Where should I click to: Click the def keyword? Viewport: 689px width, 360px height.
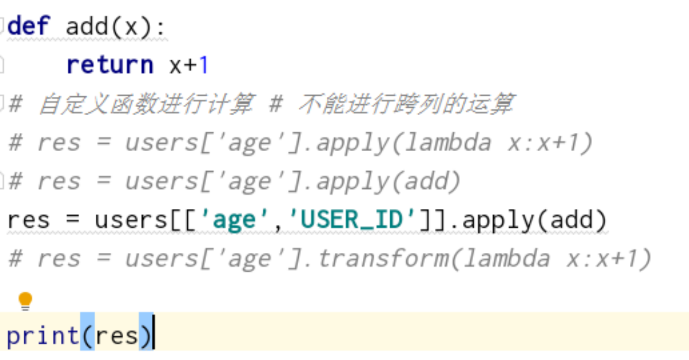click(29, 26)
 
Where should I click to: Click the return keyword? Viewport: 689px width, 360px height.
click(110, 65)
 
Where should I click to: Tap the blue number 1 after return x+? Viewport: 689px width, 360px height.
click(203, 65)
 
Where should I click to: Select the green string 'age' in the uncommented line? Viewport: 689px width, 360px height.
click(234, 220)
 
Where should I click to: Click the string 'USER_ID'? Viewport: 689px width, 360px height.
click(353, 220)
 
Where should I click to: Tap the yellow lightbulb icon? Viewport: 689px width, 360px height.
click(25, 300)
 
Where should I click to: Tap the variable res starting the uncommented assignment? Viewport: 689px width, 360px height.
click(29, 220)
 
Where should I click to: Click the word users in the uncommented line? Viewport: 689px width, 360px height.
click(131, 220)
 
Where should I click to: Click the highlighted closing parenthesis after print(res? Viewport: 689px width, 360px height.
click(146, 336)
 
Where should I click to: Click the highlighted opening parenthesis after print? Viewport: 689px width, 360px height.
click(87, 336)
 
